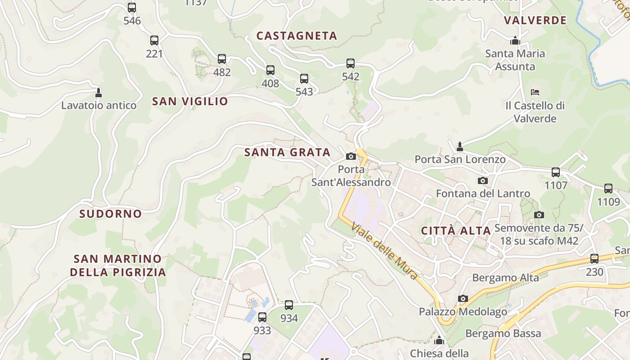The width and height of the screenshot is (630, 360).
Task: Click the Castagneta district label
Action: (x=297, y=36)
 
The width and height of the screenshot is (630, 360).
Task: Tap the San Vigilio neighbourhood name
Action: (x=190, y=101)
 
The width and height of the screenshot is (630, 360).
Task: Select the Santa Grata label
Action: (x=287, y=153)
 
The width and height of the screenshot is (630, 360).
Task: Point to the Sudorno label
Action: (x=110, y=214)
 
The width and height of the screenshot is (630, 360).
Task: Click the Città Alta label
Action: (x=456, y=231)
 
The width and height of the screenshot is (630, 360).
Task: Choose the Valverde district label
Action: (x=535, y=21)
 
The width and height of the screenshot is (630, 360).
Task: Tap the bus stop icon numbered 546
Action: (x=132, y=8)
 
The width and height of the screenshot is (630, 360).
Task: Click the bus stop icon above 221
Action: (x=154, y=40)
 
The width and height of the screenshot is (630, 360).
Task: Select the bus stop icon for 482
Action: (x=222, y=59)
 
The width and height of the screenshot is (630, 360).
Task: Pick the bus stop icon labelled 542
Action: (x=351, y=63)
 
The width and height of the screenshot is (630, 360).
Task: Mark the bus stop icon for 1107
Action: (x=556, y=172)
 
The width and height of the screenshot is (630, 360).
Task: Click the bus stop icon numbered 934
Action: (x=289, y=305)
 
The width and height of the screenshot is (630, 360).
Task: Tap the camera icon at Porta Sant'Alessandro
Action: (x=351, y=156)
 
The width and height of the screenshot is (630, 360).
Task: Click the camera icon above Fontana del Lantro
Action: (x=482, y=180)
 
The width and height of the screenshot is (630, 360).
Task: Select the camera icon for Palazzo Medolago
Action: (x=463, y=298)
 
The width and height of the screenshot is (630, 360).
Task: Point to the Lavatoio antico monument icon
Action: (x=99, y=93)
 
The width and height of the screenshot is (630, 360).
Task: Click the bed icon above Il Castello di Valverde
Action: (x=535, y=92)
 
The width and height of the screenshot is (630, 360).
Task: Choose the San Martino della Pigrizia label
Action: (x=117, y=265)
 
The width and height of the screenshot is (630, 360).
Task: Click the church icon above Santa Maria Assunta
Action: (x=515, y=41)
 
